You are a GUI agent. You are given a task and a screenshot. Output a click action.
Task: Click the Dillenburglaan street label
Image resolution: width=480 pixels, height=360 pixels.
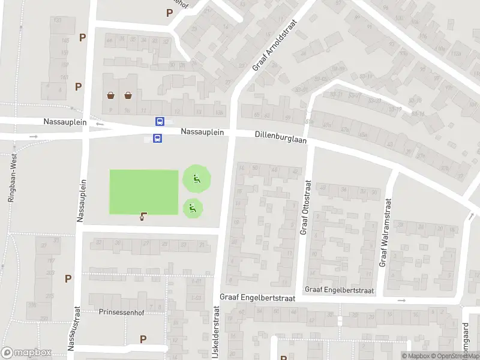click(x=280, y=138)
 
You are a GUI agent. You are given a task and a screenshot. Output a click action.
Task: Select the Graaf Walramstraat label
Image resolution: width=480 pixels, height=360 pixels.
click(x=384, y=232)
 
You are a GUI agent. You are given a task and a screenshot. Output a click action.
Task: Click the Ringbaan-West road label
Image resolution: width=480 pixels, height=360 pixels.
click(x=11, y=178)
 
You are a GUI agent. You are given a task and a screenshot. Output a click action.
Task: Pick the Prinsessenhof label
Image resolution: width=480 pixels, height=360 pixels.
click(x=122, y=313)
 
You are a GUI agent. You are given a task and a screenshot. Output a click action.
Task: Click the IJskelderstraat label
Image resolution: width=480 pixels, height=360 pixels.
click(x=215, y=337)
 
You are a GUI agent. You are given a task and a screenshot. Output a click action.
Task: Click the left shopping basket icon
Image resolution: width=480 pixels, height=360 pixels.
click(x=111, y=95)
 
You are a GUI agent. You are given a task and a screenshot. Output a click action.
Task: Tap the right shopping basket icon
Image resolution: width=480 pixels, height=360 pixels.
click(x=128, y=95)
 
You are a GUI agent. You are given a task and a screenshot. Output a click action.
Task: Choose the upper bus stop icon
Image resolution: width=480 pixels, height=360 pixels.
click(x=160, y=121)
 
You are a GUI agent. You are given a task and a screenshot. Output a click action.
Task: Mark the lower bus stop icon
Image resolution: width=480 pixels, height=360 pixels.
click(x=157, y=139)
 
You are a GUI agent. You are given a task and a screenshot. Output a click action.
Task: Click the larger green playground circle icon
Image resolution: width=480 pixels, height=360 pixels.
click(x=196, y=178)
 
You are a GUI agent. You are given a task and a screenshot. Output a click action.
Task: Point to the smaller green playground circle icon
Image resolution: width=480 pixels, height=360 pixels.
click(x=193, y=208)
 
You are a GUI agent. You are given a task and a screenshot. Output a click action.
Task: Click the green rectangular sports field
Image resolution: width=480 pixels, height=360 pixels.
click(x=144, y=191)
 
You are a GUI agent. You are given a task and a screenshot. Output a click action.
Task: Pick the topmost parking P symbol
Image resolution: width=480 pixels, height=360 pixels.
click(x=169, y=12)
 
